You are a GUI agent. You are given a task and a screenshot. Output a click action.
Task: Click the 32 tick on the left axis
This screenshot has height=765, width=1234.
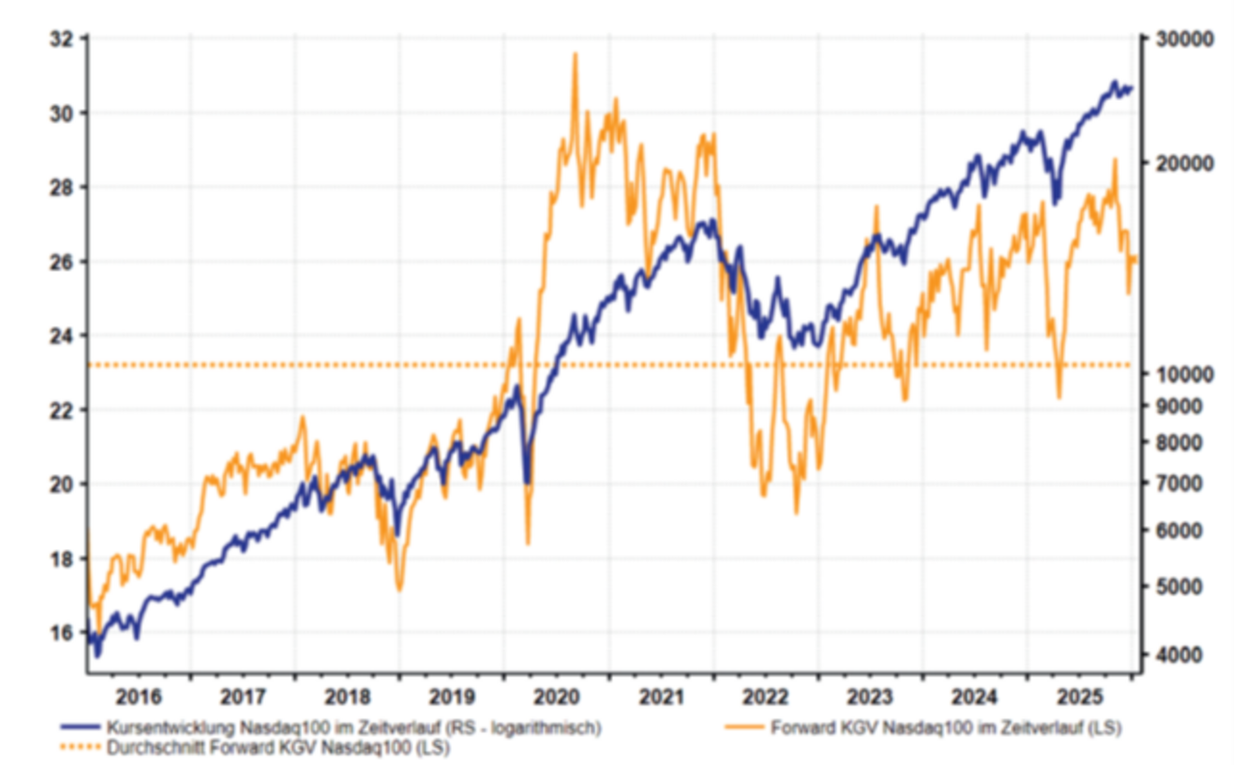coord(66,39)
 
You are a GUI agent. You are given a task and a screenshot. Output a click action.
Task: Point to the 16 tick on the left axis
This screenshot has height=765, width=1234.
coord(66,633)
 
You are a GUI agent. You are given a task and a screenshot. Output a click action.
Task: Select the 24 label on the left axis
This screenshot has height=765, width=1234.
coord(66,336)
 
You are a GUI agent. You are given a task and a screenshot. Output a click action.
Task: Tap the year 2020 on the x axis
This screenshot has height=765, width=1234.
coord(556,696)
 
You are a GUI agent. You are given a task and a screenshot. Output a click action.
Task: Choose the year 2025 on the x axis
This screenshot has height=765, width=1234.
coord(1079,696)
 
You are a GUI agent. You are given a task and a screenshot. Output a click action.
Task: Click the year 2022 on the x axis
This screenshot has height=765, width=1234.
coord(765,696)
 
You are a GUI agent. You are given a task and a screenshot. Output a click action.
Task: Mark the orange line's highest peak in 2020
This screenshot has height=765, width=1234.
coord(576,54)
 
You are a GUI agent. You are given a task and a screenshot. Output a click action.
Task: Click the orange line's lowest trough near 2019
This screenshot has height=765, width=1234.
coord(399,588)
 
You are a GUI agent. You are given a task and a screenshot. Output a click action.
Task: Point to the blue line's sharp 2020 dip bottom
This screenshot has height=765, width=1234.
coord(526,481)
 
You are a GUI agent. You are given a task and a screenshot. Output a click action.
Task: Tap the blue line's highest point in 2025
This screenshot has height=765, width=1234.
coord(1113,82)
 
